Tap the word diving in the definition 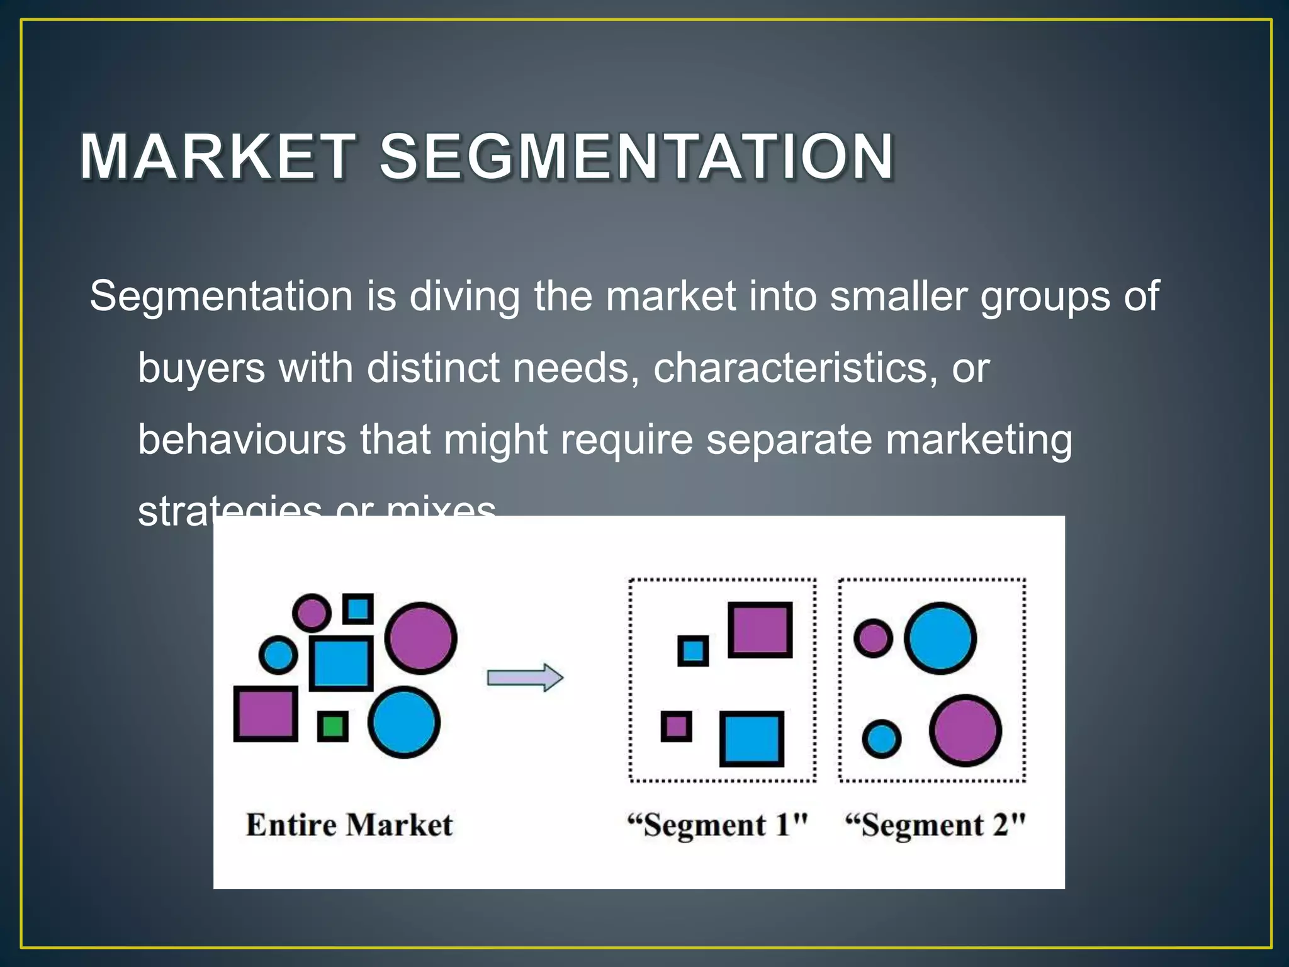[x=464, y=296]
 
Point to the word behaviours [x=242, y=439]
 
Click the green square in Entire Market [x=332, y=727]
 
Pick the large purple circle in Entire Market [x=420, y=638]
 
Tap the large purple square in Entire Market [x=266, y=713]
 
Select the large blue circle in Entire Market [x=403, y=721]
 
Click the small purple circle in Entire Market [x=312, y=612]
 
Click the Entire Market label [x=349, y=825]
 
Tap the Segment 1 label [x=718, y=825]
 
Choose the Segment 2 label [x=935, y=825]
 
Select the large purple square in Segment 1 [x=760, y=630]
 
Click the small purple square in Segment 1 [x=676, y=727]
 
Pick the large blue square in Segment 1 [x=751, y=738]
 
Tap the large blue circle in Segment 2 [x=940, y=638]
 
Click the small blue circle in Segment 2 [x=881, y=738]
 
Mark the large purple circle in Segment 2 [x=965, y=730]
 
